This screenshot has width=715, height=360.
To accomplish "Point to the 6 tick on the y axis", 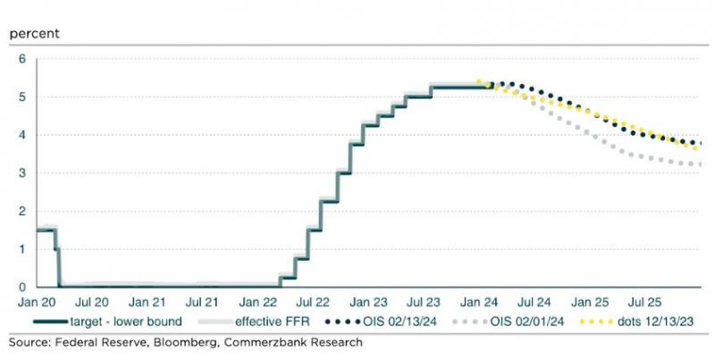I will pos(22,59).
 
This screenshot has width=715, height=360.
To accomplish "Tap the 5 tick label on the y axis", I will pos(22,96).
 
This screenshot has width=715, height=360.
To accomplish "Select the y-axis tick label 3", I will pos(22,173).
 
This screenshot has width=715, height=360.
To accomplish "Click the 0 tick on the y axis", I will pos(22,287).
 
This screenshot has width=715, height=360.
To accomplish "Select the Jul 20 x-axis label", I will pos(92,303).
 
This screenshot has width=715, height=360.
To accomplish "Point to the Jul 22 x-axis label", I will pos(313,303).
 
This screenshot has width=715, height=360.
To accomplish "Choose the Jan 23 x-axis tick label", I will pos(368,303).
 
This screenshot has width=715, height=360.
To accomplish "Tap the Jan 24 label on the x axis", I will pos(479,303).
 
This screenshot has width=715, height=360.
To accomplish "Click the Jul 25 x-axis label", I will pos(644,303).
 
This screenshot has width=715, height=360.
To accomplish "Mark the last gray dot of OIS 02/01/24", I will pos(698,164).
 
